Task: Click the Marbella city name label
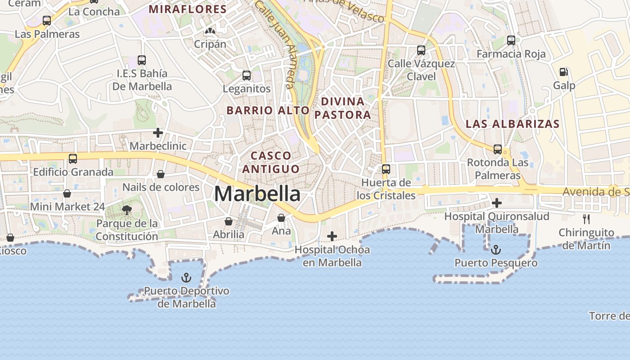[x=257, y=193]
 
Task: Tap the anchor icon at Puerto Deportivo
[x=186, y=278]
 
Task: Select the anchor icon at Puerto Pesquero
[x=495, y=249]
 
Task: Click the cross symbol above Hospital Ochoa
[x=332, y=236]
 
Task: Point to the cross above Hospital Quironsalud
[x=497, y=203]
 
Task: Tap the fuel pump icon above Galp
[x=563, y=72]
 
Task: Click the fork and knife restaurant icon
[x=586, y=219]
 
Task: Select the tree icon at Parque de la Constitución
[x=127, y=209]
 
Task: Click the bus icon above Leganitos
[x=247, y=75]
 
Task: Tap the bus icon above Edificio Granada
[x=73, y=158]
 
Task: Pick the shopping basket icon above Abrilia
[x=229, y=221]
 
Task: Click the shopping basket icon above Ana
[x=281, y=218]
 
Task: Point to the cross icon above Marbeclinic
[x=157, y=133]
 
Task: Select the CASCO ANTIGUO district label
[x=271, y=162]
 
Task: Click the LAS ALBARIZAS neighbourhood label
[x=513, y=124]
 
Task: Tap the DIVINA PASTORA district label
[x=343, y=108]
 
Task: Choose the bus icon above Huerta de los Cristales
[x=386, y=169]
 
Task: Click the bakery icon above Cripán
[x=210, y=31]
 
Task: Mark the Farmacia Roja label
[x=511, y=54]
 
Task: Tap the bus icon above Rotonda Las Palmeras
[x=498, y=149]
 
